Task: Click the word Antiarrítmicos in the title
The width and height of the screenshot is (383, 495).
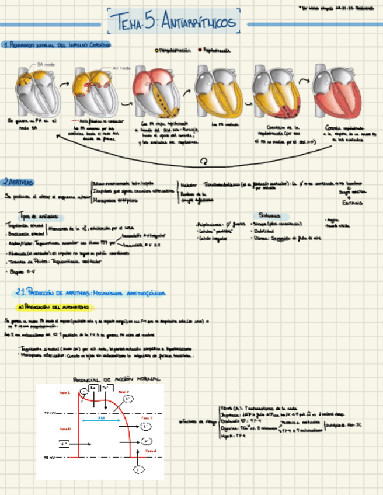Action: [x=198, y=23]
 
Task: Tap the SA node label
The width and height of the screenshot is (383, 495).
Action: [x=46, y=64]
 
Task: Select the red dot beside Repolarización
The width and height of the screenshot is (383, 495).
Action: [x=200, y=51]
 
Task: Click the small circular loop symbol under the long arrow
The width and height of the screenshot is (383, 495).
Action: [x=203, y=161]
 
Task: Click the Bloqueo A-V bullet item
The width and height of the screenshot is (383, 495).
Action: [x=24, y=271]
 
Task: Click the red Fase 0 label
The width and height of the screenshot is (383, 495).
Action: [x=64, y=428]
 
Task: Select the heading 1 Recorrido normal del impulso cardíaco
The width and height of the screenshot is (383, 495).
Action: [x=57, y=45]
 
